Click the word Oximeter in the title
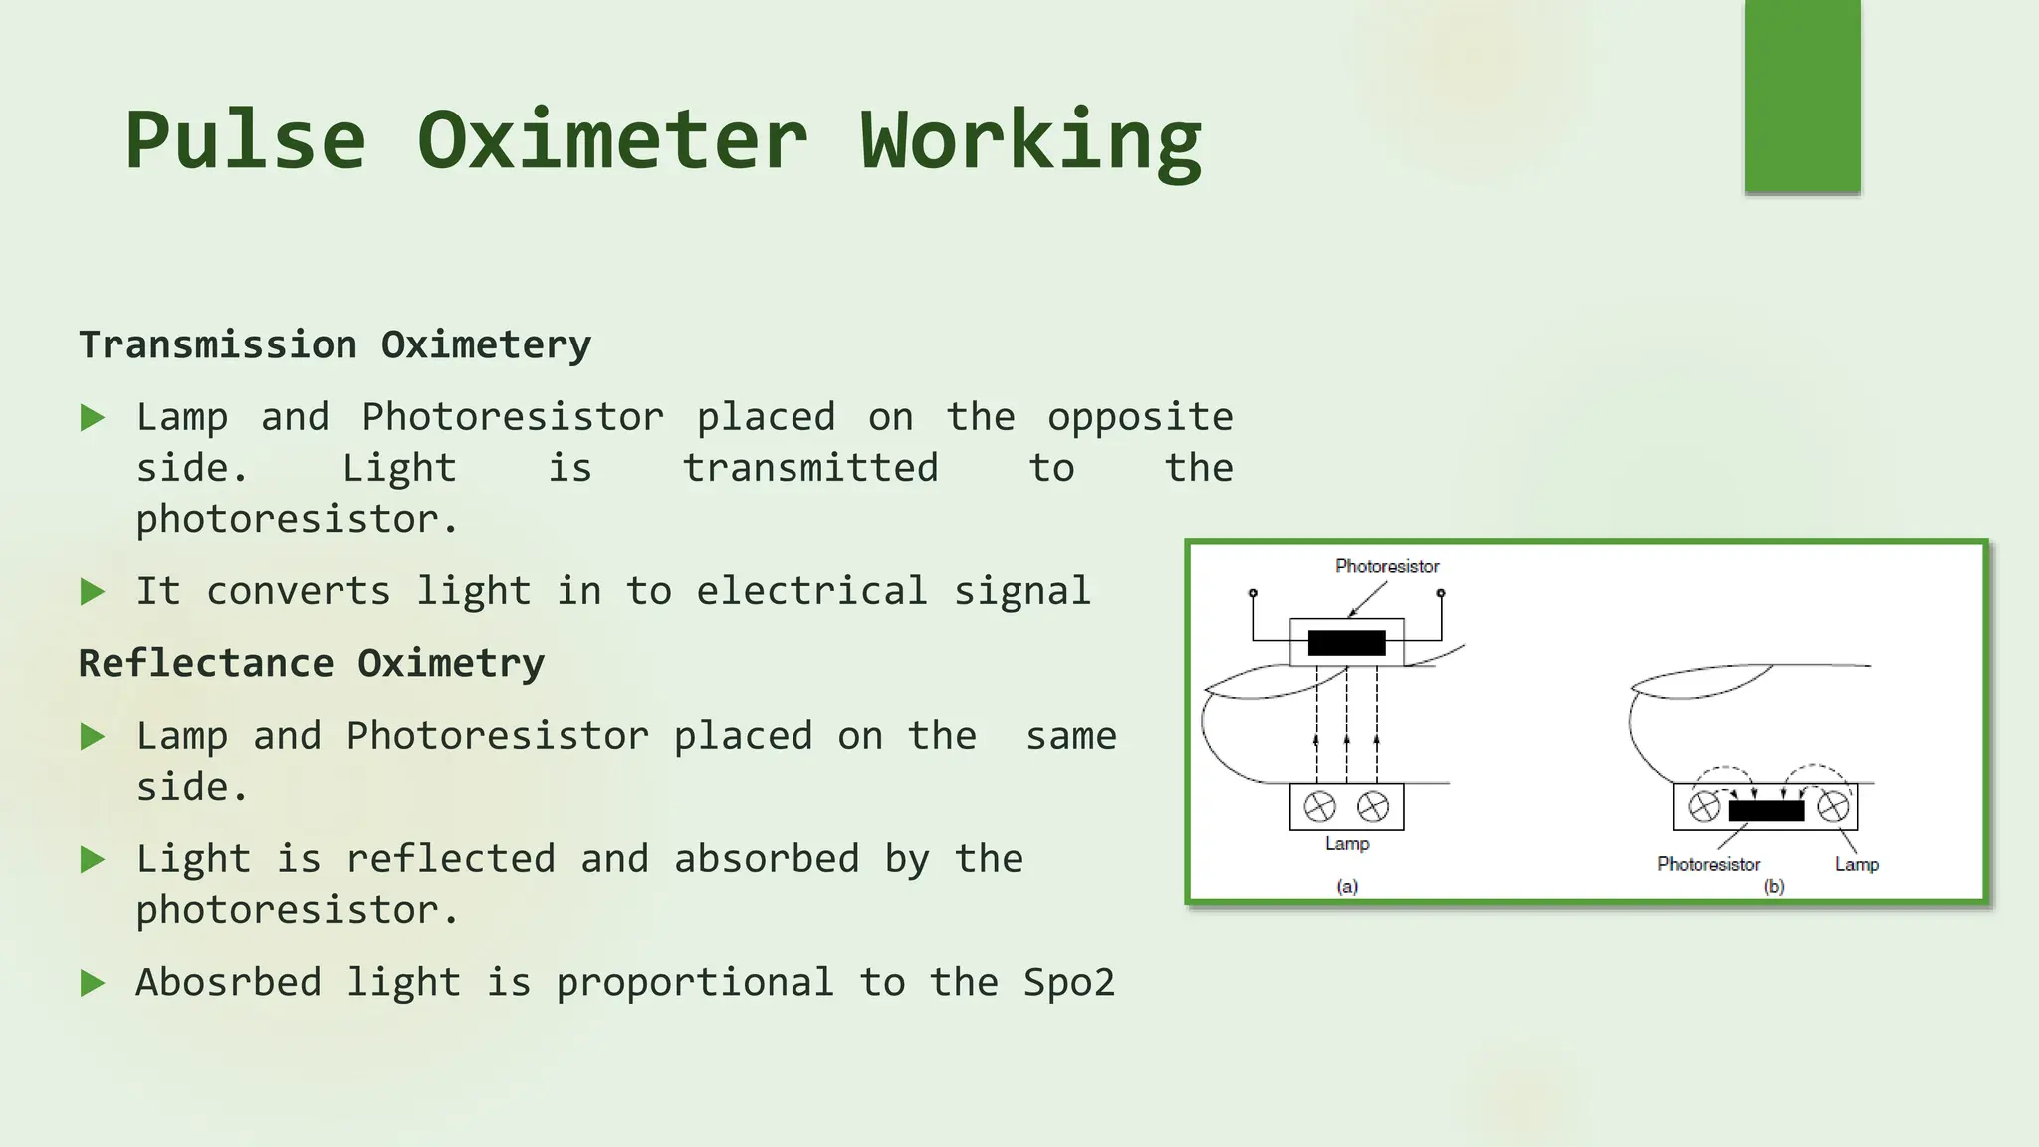click(611, 140)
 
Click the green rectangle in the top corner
click(1802, 96)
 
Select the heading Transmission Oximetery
click(335, 345)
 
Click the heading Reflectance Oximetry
click(312, 664)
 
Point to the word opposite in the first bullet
click(1140, 418)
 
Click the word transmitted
click(810, 469)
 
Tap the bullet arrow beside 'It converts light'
click(93, 592)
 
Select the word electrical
click(811, 592)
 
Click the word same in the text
click(1071, 737)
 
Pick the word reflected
click(450, 859)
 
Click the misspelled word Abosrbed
click(228, 983)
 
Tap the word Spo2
click(1069, 983)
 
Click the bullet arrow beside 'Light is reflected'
click(93, 859)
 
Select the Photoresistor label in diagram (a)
click(1387, 566)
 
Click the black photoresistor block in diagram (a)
click(1346, 643)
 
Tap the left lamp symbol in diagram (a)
click(1320, 806)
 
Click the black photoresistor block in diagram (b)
click(1766, 810)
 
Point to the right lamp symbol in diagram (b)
click(1833, 806)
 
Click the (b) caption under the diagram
click(1774, 886)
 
